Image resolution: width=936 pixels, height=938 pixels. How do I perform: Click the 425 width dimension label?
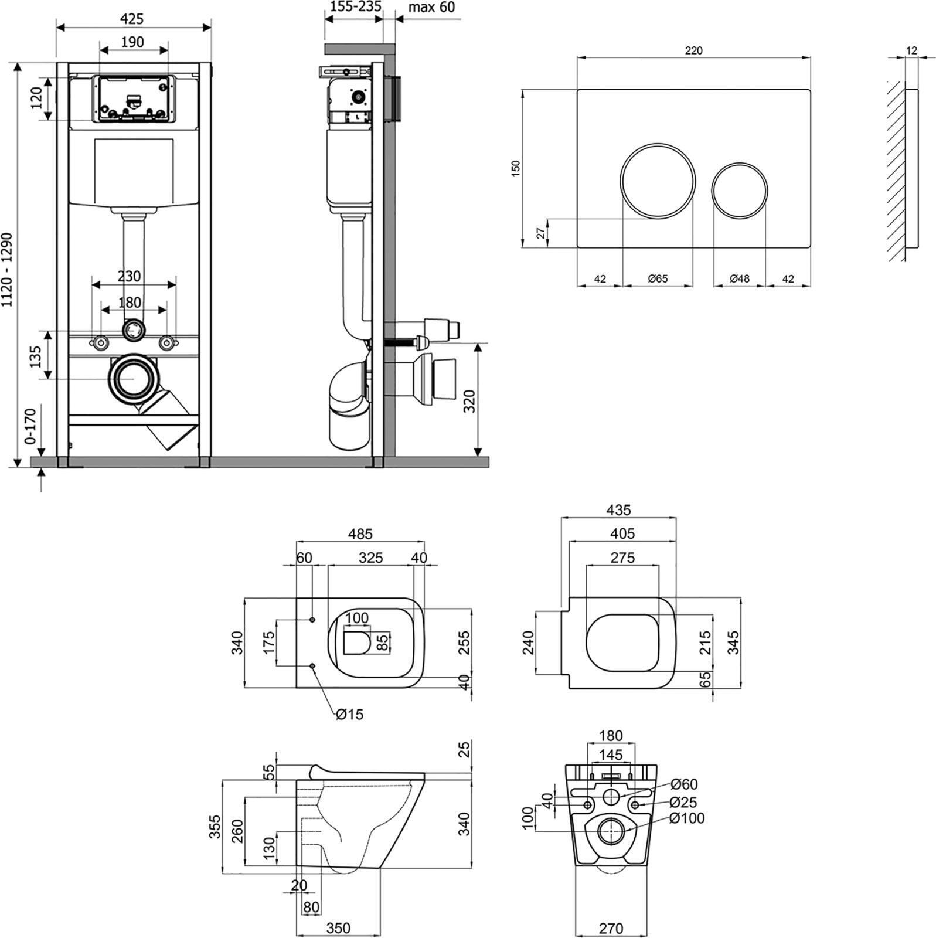tap(132, 19)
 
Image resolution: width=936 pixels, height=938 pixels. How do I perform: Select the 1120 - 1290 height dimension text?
tap(7, 270)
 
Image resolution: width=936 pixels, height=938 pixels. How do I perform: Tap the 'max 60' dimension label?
tap(431, 7)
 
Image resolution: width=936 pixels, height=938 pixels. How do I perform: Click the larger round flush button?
tap(658, 181)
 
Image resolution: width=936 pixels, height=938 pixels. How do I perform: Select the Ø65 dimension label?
tap(658, 279)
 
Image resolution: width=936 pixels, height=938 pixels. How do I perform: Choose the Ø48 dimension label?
tap(740, 279)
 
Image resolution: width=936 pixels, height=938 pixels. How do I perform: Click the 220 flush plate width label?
tap(693, 51)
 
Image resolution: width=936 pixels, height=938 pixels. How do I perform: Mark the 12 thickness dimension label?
tap(911, 51)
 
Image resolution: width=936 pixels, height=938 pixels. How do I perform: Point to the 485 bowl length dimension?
tap(360, 534)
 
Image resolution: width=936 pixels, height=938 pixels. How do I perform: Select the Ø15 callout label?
tap(350, 714)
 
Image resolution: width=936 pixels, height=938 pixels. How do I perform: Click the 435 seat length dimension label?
tap(618, 510)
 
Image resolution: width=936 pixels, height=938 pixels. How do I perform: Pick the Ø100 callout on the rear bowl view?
tap(687, 818)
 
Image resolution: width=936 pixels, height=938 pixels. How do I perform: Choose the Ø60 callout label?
tap(684, 784)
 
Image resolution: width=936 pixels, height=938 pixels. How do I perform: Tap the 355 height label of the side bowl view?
tap(215, 827)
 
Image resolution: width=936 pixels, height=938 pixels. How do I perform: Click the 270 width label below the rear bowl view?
tap(611, 929)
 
